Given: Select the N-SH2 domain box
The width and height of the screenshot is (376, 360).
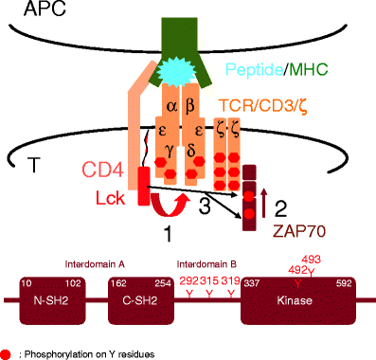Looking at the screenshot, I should [55, 302].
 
